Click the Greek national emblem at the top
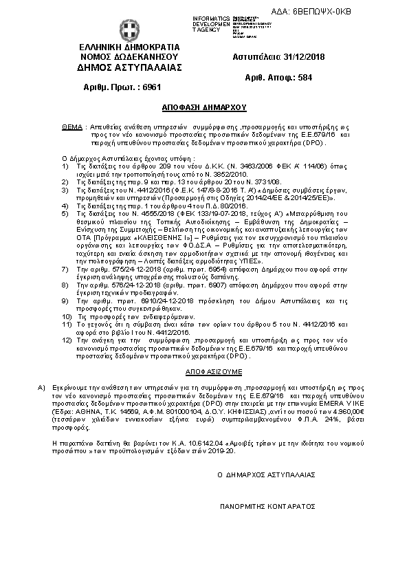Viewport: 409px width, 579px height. coord(129,30)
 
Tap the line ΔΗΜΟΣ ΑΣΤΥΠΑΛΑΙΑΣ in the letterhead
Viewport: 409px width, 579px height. coord(129,67)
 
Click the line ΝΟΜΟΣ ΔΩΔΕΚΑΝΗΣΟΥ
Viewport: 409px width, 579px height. coord(129,57)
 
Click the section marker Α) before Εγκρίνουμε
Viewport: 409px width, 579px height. coord(41,388)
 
